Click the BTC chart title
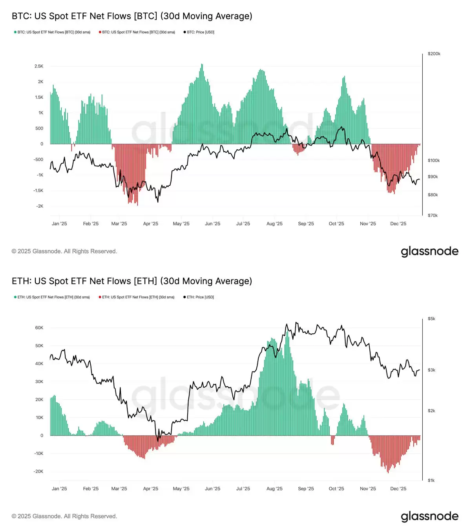132,16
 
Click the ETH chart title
132,281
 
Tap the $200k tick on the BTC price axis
434,54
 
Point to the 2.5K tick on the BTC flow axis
39,66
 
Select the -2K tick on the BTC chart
40,206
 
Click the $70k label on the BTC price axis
433,216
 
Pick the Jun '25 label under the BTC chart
212,224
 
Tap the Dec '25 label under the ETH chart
398,489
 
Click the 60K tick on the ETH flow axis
39,328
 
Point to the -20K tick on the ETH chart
38,472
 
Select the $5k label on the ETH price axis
431,319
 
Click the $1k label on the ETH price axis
431,481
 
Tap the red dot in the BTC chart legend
100,32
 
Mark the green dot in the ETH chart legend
15,297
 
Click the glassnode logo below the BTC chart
429,251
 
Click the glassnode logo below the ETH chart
429,516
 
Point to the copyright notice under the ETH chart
64,516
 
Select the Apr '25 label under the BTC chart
150,224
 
